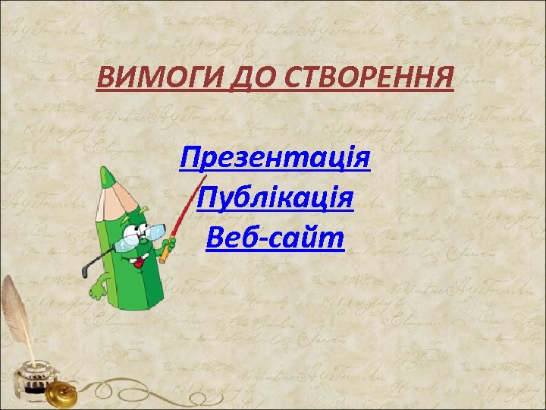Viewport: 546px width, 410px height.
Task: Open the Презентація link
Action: (x=275, y=160)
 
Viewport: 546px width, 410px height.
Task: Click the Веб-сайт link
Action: (x=275, y=239)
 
